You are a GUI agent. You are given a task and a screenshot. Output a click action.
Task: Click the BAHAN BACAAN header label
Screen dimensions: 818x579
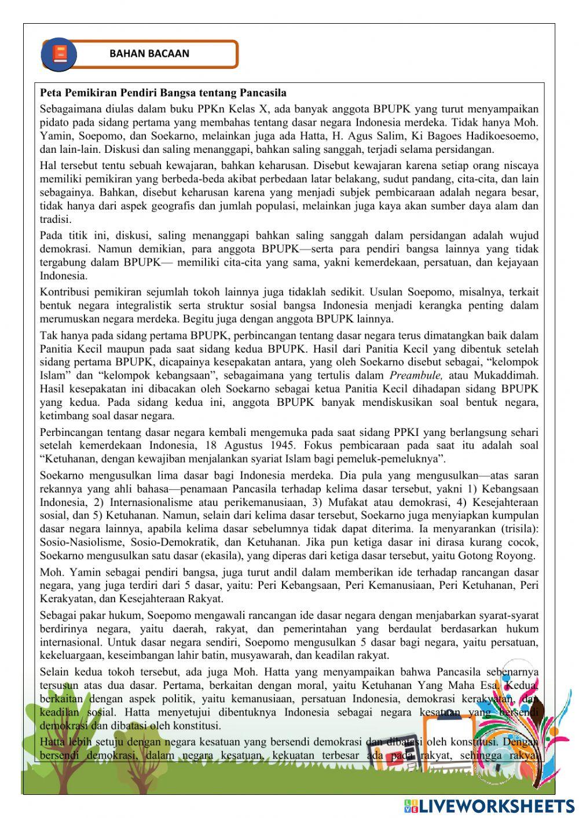[x=149, y=54]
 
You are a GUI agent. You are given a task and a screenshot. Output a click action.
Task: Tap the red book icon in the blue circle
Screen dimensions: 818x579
[x=59, y=54]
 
